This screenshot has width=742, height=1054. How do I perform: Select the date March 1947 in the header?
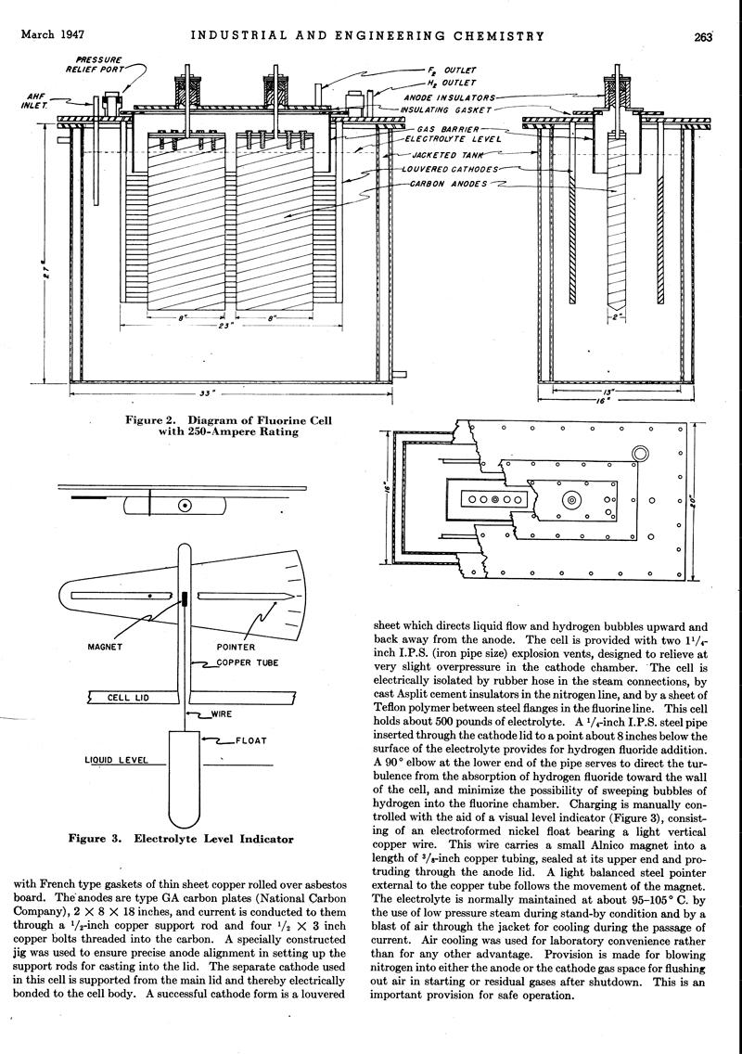tap(52, 36)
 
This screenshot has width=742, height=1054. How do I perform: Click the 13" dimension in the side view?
tap(614, 392)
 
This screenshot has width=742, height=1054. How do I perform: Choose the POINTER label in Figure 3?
tap(236, 647)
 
